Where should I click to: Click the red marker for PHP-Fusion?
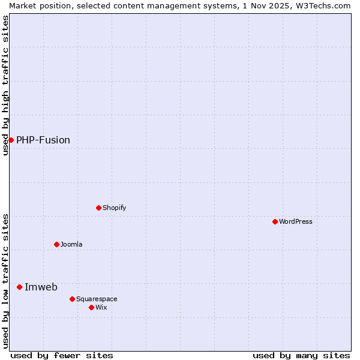click(x=11, y=140)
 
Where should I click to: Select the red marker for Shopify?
click(x=98, y=208)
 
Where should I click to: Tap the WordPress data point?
click(x=275, y=221)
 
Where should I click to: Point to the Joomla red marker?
click(x=56, y=244)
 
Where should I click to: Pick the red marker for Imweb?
click(x=19, y=287)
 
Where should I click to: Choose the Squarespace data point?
click(x=72, y=299)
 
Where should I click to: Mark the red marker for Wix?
click(x=91, y=307)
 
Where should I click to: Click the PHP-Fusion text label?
click(x=43, y=140)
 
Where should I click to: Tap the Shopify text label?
click(x=115, y=208)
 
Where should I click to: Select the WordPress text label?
click(x=296, y=222)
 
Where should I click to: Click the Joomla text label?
click(x=71, y=245)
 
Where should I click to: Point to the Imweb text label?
click(x=41, y=287)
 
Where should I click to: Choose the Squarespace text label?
click(x=97, y=299)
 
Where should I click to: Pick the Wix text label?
click(x=101, y=308)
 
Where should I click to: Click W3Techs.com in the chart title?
click(x=322, y=5)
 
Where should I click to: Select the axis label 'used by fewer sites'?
click(x=62, y=355)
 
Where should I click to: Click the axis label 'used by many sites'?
click(x=301, y=355)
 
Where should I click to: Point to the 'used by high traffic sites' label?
click(x=6, y=85)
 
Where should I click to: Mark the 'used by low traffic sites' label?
click(x=6, y=280)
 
